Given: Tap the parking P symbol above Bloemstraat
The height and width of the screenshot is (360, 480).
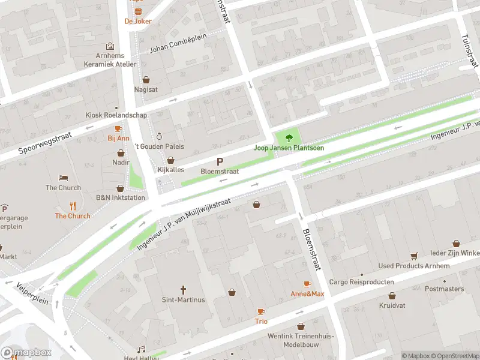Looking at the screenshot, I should pos(220,161).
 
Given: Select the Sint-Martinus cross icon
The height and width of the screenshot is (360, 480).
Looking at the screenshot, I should pos(184,289).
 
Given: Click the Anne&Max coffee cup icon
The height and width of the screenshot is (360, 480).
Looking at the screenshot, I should pos(307,284).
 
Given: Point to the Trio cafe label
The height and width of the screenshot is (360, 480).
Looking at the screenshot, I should pos(261,321).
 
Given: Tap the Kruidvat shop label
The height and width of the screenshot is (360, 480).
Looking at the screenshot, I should pos(392,305).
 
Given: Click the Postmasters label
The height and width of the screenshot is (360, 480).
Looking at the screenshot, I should pos(444,289).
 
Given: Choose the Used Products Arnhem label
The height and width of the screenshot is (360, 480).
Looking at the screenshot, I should pos(413,266).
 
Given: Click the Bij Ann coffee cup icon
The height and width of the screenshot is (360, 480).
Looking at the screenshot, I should pos(118,128).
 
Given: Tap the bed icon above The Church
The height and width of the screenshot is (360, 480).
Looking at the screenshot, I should pos(63,178).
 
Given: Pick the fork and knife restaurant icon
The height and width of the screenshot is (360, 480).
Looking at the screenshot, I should pos(73,205).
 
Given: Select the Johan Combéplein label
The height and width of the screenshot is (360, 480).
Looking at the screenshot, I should pos(178,46).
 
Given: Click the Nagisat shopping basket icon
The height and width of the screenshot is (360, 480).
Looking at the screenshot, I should pos(146,79).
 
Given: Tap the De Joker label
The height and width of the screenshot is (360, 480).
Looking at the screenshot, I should pos(138,21).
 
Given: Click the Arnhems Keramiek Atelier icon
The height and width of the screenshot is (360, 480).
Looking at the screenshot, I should pos(110,46).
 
